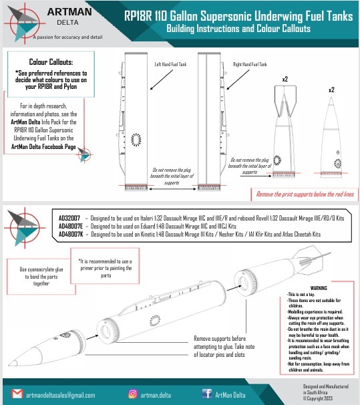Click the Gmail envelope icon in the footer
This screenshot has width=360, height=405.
[17, 394]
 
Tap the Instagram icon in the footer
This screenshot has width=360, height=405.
[133, 394]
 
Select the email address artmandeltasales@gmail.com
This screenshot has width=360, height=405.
[61, 395]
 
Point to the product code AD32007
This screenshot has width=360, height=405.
[69, 219]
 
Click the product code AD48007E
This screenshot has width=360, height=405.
[71, 227]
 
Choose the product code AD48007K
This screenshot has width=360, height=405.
[71, 235]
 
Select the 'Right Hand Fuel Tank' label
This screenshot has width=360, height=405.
[249, 65]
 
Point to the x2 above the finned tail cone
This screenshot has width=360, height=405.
[285, 80]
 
